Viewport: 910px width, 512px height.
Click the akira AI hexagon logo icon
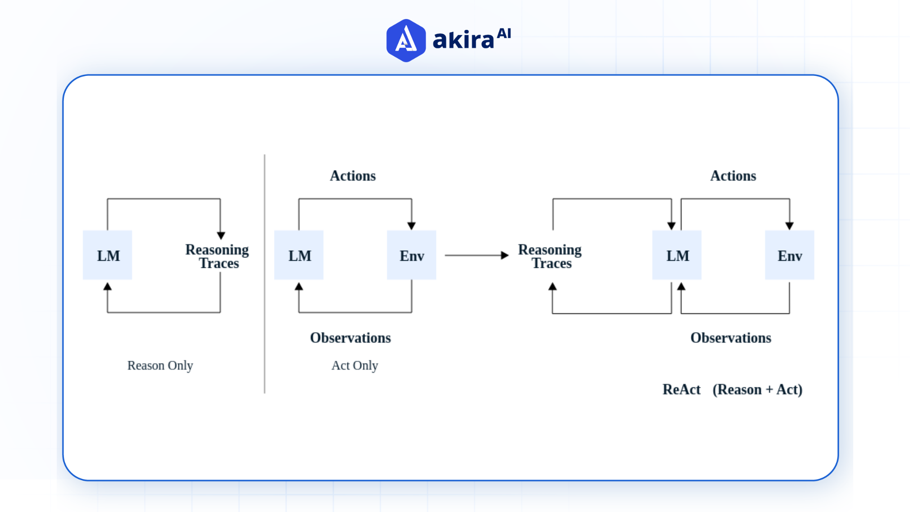point(406,40)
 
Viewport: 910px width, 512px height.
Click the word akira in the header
point(463,40)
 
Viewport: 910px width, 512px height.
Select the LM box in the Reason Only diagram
point(108,256)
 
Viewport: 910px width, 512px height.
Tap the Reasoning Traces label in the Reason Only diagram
point(218,256)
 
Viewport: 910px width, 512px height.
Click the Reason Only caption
point(160,366)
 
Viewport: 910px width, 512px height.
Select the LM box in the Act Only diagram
point(299,256)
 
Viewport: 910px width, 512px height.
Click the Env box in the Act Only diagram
point(411,256)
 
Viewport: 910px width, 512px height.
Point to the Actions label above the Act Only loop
point(353,176)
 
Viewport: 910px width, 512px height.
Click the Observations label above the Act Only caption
point(350,338)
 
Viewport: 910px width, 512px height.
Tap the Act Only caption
point(355,366)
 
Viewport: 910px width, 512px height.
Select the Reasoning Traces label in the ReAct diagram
point(550,256)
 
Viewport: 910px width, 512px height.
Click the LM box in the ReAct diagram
point(677,256)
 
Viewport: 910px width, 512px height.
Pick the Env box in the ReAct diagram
point(790,256)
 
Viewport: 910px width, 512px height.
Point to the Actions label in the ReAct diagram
point(733,176)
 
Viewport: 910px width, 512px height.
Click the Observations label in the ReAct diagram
point(730,338)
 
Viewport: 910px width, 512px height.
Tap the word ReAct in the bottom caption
point(681,390)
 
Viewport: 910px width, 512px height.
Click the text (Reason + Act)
point(757,390)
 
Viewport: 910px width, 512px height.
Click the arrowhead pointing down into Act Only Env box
point(411,226)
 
